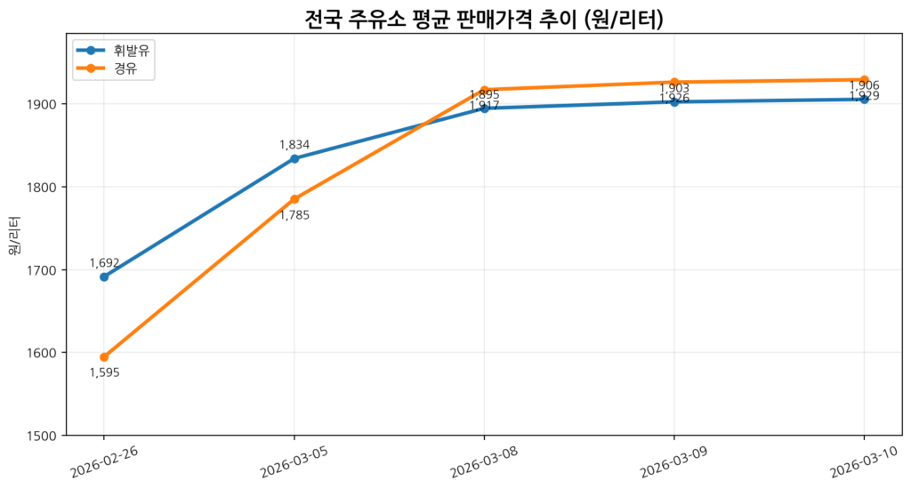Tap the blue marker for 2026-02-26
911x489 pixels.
[104, 277]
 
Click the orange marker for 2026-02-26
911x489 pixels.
[104, 357]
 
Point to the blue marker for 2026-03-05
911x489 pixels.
[294, 158]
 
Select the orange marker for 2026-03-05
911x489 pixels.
[294, 199]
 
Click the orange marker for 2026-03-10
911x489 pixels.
[864, 80]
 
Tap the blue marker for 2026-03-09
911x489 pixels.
[674, 101]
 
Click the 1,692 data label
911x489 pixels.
[104, 263]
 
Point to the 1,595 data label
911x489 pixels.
[104, 373]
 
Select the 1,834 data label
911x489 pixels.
[294, 145]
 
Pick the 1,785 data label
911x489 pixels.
[294, 214]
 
